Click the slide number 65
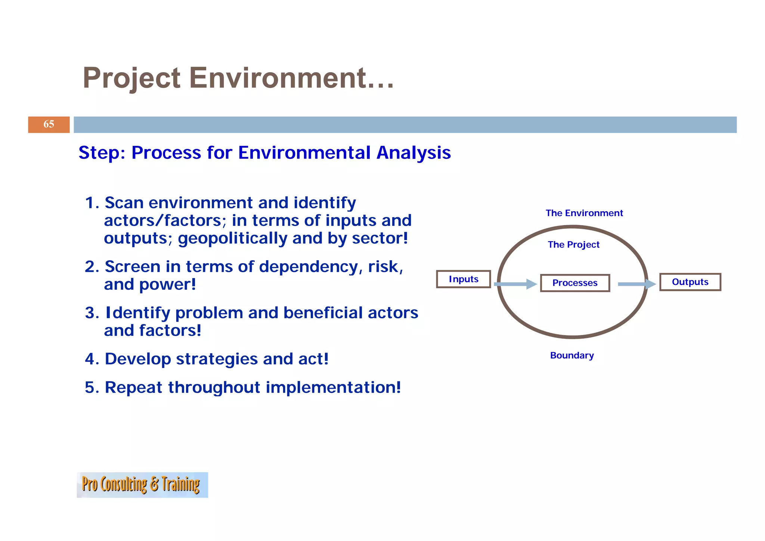49,124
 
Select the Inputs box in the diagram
463,279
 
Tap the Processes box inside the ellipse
574,283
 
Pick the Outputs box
690,282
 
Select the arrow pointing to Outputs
636,284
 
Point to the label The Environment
584,213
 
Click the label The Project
573,245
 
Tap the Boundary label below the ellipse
572,355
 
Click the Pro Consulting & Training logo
142,485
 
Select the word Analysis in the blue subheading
413,153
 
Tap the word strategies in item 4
217,359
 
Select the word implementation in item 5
332,387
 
